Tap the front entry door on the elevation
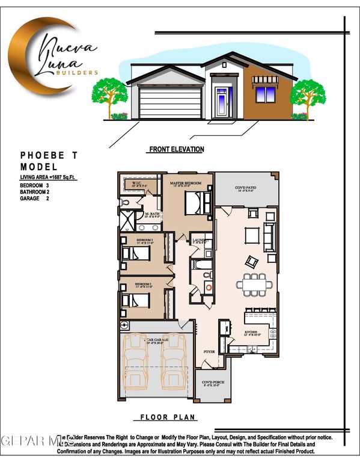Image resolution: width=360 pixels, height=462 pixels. coord(222,101)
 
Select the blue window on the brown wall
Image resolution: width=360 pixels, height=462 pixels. coord(266,94)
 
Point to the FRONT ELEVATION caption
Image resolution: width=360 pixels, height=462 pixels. coord(176,149)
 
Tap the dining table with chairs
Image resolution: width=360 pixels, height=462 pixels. coord(251,282)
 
